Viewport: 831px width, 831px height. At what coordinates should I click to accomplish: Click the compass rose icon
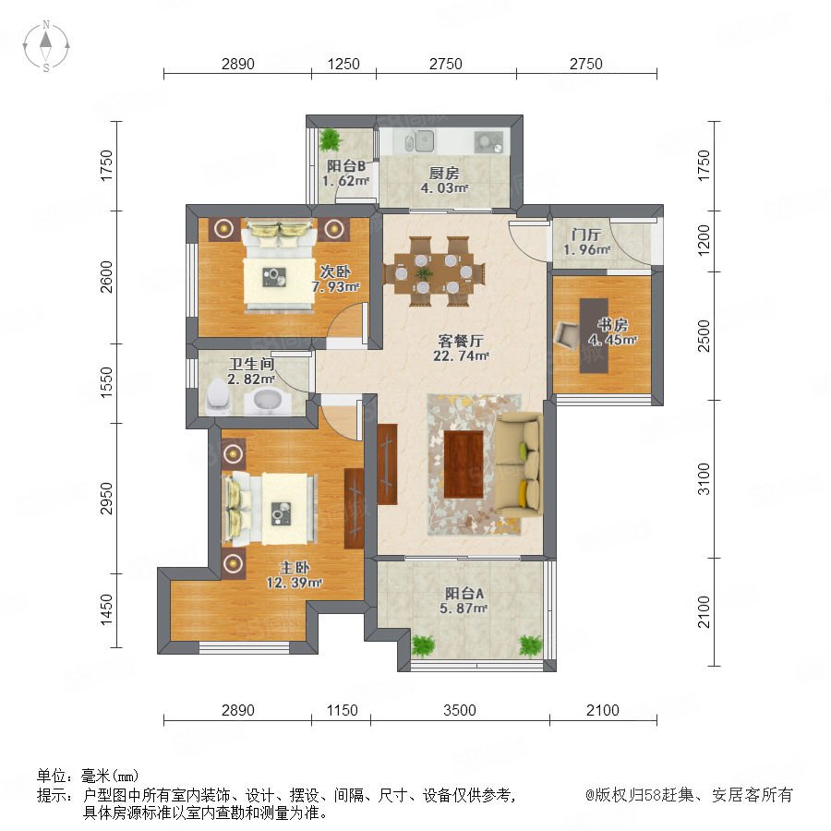[46, 46]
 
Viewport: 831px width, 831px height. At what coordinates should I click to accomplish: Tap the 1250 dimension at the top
[343, 64]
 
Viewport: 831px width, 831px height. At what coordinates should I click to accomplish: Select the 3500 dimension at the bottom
[460, 710]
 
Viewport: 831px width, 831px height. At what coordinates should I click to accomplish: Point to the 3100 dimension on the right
[704, 479]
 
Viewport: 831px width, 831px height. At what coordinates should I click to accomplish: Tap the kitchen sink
[419, 141]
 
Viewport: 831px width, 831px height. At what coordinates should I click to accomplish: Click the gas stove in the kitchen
[488, 141]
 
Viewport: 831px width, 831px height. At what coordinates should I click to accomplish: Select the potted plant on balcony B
[331, 139]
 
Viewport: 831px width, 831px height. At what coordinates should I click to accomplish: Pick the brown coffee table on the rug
[464, 464]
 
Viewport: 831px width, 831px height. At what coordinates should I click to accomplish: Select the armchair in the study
[568, 335]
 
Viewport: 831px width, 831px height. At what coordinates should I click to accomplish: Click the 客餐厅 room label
[460, 341]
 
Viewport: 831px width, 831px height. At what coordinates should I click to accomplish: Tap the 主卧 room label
[295, 568]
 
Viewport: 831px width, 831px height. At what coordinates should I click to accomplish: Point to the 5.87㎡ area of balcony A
[464, 608]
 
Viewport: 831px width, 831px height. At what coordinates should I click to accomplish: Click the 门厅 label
[586, 235]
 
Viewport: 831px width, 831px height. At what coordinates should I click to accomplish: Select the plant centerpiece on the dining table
[424, 273]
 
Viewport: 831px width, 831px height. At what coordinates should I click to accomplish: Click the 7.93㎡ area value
[335, 287]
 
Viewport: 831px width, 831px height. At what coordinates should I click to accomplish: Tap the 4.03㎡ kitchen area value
[444, 187]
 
